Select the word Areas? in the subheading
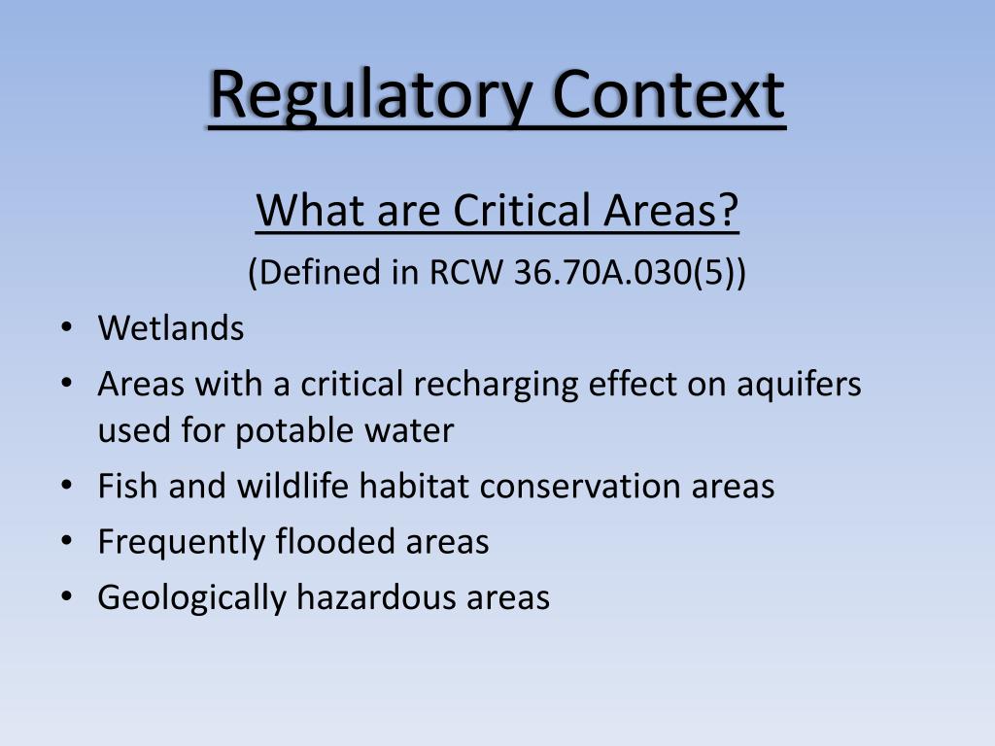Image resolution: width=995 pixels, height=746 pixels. pos(671,211)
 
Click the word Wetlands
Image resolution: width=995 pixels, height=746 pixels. pos(171,328)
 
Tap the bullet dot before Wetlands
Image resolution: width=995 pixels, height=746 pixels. pos(66,328)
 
